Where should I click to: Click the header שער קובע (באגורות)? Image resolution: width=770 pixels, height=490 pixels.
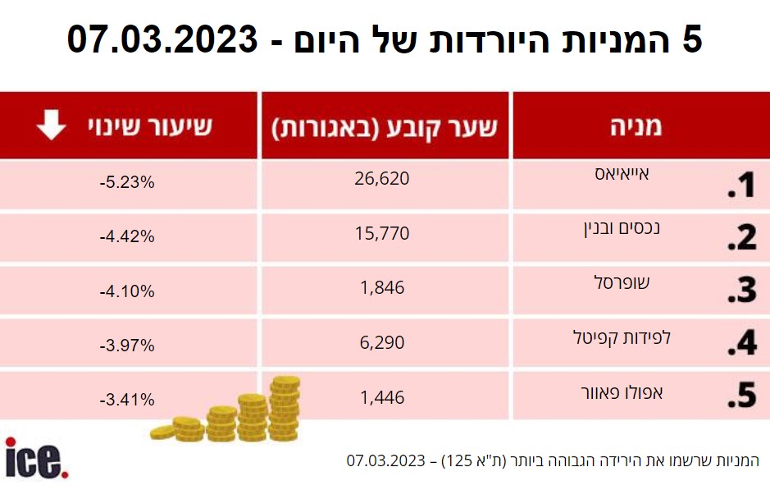pyautogui.click(x=385, y=126)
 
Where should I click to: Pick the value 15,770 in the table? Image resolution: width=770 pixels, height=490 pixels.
pyautogui.click(x=382, y=233)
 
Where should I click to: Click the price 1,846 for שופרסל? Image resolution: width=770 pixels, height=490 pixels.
pyautogui.click(x=382, y=287)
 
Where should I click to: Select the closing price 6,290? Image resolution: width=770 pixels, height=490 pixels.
pyautogui.click(x=382, y=341)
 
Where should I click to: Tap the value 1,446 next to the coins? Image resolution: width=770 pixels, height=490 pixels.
pyautogui.click(x=382, y=398)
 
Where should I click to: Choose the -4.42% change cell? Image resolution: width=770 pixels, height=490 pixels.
pyautogui.click(x=127, y=237)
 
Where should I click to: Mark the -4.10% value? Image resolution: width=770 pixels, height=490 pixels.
pyautogui.click(x=127, y=291)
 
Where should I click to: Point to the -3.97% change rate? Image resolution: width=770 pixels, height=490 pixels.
pyautogui.click(x=127, y=346)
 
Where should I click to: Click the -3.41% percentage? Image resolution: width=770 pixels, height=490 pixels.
pyautogui.click(x=127, y=401)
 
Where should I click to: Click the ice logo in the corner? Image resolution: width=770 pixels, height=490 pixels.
pyautogui.click(x=36, y=458)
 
